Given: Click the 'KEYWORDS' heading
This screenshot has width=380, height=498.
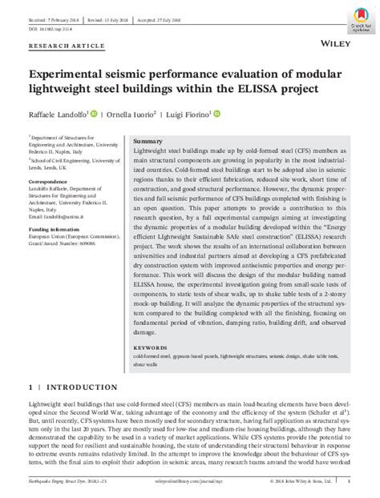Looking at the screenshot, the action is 149,347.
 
